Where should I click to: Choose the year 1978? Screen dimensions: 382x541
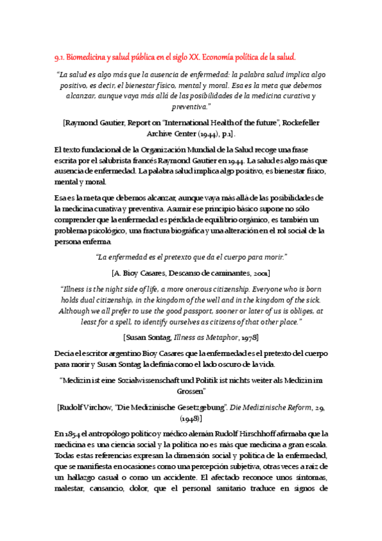tap(247, 336)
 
